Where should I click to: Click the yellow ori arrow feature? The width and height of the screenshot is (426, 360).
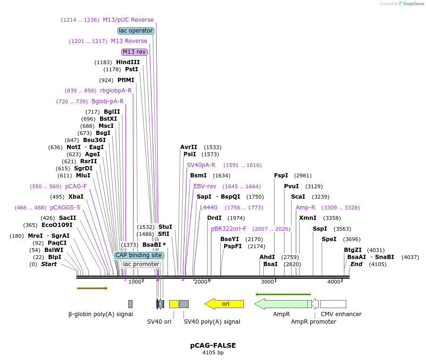click(224, 304)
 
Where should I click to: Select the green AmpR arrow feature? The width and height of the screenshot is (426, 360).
click(282, 304)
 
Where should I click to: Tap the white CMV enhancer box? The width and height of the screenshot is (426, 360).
click(333, 304)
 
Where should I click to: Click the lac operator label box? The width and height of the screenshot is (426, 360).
click(136, 31)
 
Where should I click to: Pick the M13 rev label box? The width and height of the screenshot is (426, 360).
click(134, 52)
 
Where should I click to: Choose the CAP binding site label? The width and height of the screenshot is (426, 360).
click(139, 255)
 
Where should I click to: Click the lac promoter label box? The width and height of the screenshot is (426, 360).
click(141, 264)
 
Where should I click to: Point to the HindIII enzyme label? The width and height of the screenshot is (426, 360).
click(128, 62)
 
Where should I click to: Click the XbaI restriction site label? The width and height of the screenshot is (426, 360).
click(75, 197)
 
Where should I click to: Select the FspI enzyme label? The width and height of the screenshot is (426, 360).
click(281, 176)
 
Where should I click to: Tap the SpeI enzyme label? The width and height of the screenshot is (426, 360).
click(329, 239)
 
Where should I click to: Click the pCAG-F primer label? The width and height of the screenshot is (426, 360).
click(76, 186)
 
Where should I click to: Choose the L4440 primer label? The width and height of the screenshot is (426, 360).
click(209, 208)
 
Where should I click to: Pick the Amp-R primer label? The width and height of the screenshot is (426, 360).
click(305, 208)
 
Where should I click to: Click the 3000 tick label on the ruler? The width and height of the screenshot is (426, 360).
click(267, 282)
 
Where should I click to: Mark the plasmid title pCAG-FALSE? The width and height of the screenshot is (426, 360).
click(213, 345)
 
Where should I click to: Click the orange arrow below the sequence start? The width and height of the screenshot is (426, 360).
click(92, 288)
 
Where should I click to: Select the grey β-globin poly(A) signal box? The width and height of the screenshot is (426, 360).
click(130, 304)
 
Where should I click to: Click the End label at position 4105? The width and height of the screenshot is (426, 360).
click(356, 264)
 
